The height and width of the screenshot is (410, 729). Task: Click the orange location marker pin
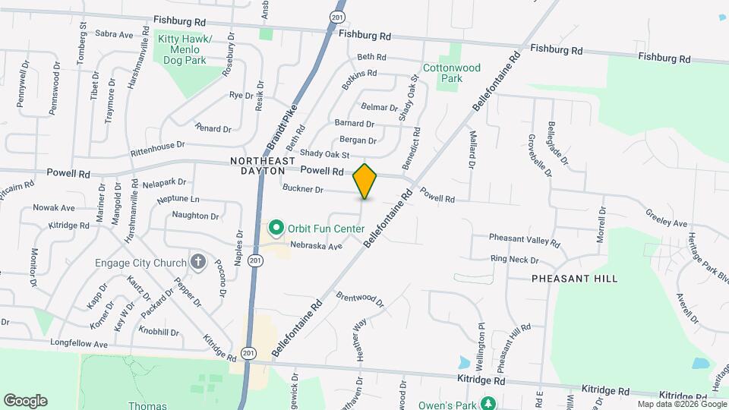pyautogui.click(x=365, y=181)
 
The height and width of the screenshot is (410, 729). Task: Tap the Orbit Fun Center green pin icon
pyautogui.click(x=276, y=227)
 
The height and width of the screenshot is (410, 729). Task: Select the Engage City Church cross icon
pyautogui.click(x=197, y=263)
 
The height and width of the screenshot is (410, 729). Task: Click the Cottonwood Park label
pyautogui.click(x=452, y=73)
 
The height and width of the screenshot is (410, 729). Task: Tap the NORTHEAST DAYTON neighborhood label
pyautogui.click(x=264, y=166)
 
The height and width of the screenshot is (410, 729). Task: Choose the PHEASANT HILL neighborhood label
pyautogui.click(x=574, y=279)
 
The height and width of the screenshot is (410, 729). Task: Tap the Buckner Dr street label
pyautogui.click(x=303, y=189)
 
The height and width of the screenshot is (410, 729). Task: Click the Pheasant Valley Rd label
pyautogui.click(x=524, y=241)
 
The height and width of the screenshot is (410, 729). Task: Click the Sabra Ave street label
pyautogui.click(x=115, y=34)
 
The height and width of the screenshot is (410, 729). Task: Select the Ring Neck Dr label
pyautogui.click(x=514, y=259)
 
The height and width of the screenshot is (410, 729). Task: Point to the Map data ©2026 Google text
pyautogui.click(x=680, y=404)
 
